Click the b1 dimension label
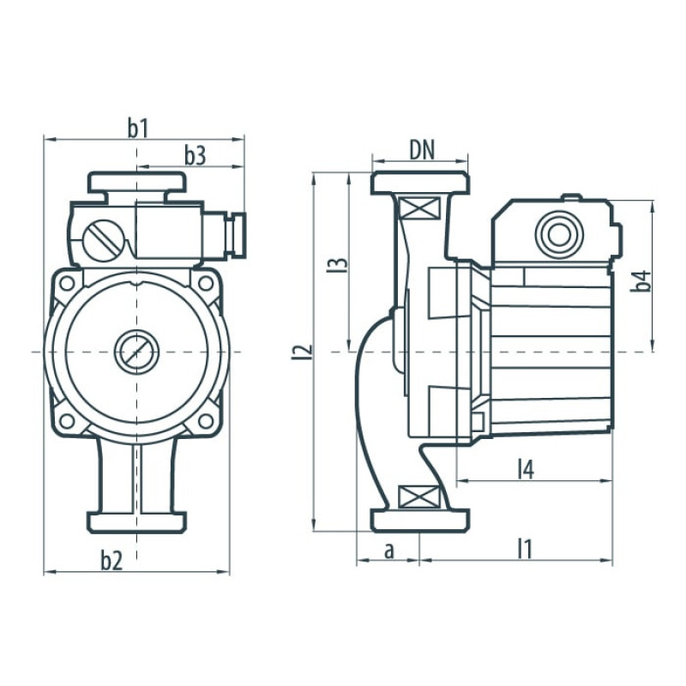[139, 128]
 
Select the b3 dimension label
[195, 155]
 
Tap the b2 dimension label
[111, 561]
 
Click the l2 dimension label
[301, 351]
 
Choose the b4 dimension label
[642, 280]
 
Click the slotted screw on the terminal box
[102, 238]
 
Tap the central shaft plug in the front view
[136, 352]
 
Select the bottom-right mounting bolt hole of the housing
[206, 421]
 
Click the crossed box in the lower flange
[420, 496]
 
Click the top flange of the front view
[136, 182]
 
